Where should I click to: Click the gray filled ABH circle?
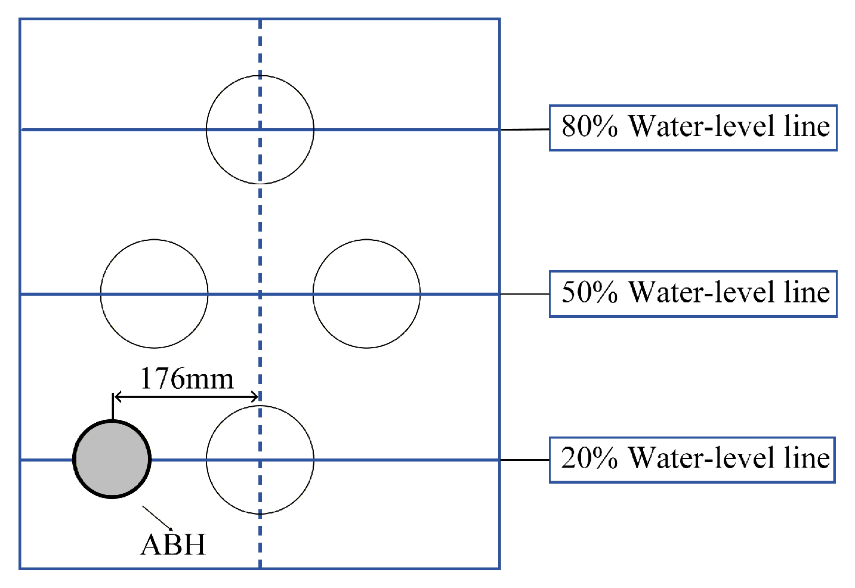tap(112, 459)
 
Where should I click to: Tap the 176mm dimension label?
tap(186, 378)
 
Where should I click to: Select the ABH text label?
tap(173, 544)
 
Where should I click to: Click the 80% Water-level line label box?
tap(693, 128)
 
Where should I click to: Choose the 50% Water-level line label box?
tap(693, 293)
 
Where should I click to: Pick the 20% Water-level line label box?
tap(692, 459)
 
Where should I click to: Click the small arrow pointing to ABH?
tap(158, 518)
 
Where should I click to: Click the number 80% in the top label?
tap(589, 127)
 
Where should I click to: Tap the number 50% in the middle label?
tap(589, 293)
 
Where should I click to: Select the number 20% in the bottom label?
tap(589, 459)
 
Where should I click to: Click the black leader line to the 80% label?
tap(524, 129)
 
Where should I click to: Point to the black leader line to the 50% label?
tap(524, 294)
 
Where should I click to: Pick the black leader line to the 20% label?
tap(524, 460)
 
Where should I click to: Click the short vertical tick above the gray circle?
tap(113, 407)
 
